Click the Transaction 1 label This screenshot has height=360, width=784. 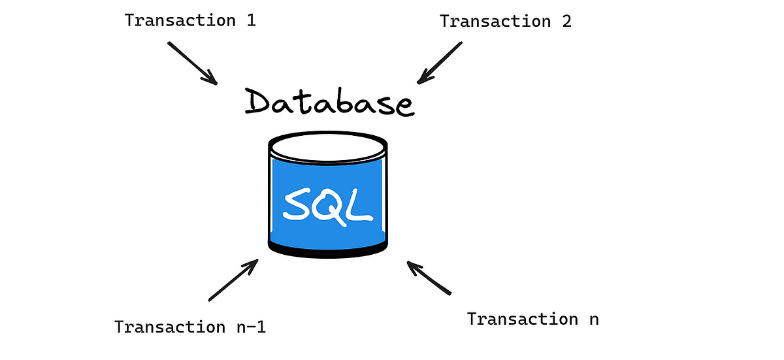(x=190, y=20)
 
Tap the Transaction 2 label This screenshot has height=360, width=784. (x=506, y=21)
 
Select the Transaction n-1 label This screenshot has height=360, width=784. (x=190, y=326)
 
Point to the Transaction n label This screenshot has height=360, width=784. (x=532, y=319)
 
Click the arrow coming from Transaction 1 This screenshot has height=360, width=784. (x=192, y=63)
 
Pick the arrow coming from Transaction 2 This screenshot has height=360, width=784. (x=440, y=63)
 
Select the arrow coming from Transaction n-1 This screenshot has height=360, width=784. (x=233, y=280)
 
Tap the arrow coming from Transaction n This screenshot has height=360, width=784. (x=429, y=278)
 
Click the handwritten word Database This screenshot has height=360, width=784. (x=329, y=103)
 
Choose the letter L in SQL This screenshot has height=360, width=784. (x=360, y=204)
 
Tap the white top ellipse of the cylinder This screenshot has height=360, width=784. (x=327, y=147)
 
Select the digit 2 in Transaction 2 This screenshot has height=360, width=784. (x=566, y=21)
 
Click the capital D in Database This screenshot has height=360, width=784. (x=261, y=101)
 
